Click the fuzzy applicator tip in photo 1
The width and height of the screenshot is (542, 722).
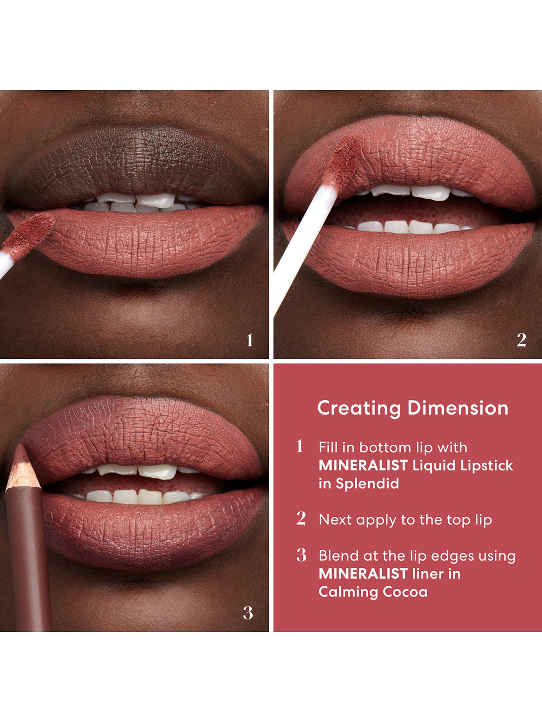[31, 231]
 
